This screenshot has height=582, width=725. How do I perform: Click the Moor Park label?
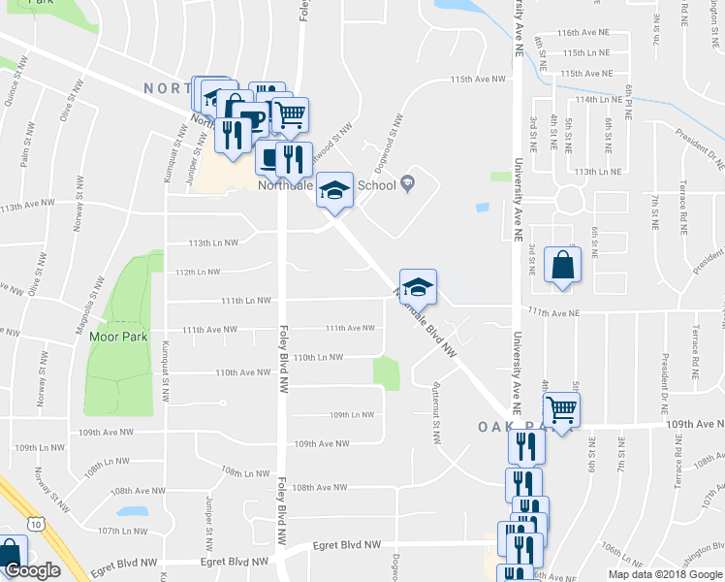[117, 338]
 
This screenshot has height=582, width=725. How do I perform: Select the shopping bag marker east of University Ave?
[563, 265]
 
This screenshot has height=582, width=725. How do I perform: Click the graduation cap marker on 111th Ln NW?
[418, 287]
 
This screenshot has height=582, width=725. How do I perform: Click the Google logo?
[32, 571]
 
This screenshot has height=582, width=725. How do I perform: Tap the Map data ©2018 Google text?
[665, 574]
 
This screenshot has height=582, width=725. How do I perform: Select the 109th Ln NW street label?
[351, 415]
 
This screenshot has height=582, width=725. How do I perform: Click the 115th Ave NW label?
[477, 80]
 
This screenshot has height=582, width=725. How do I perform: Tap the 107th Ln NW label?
[121, 531]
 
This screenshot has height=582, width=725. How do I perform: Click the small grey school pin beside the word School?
[407, 181]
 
